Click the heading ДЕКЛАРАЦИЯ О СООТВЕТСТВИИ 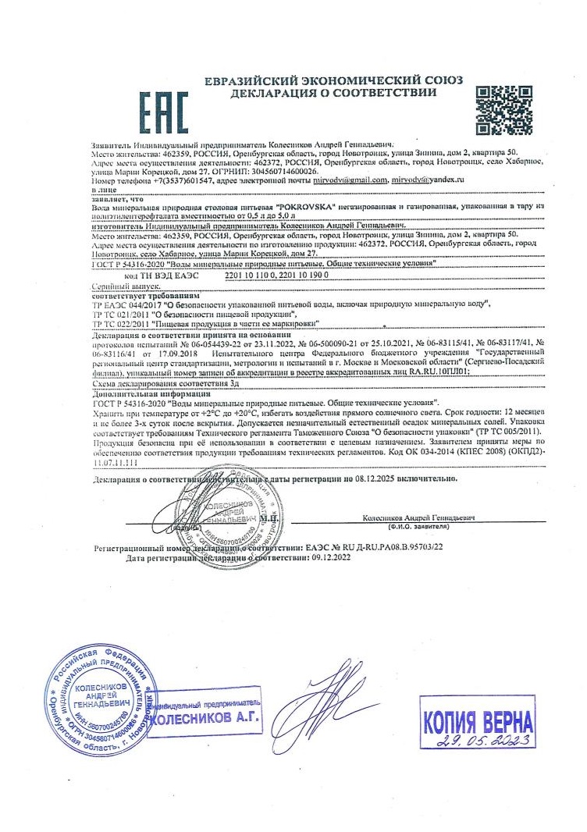pyautogui.click(x=333, y=94)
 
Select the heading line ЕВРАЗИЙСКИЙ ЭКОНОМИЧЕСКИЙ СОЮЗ pyautogui.click(x=333, y=81)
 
